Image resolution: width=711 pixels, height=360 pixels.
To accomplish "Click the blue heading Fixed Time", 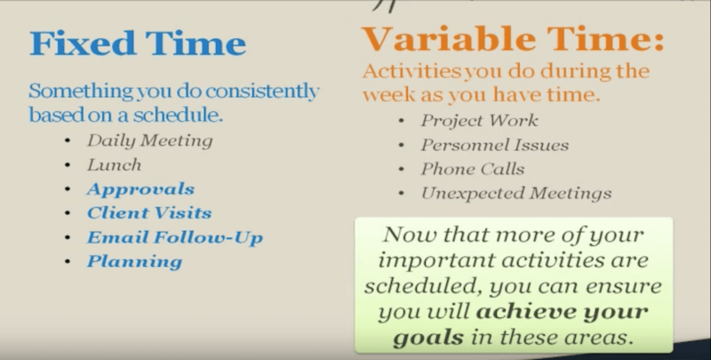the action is point(138,43).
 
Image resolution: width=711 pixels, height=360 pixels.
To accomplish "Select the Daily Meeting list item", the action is point(149,140).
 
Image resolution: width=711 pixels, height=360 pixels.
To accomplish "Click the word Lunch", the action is point(115,164).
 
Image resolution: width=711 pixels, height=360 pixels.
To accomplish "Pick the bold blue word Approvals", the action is point(140,189).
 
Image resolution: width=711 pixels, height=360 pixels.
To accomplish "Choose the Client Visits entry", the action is point(149,212).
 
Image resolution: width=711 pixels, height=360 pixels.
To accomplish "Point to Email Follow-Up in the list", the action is point(175,237).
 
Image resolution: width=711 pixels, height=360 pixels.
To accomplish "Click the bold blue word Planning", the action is point(135,261).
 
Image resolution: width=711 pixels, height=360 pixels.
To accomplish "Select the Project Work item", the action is point(479,121).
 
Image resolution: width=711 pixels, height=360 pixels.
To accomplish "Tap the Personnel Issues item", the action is point(495,145).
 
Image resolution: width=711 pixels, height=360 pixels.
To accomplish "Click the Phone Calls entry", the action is point(473,169).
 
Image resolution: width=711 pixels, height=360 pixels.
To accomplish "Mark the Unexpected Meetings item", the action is point(516,194).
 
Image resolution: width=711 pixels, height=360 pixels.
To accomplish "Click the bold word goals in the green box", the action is point(428,337).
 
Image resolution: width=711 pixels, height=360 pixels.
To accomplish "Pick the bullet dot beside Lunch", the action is point(68,165).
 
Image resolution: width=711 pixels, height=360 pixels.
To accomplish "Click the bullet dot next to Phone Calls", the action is point(402,170).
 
